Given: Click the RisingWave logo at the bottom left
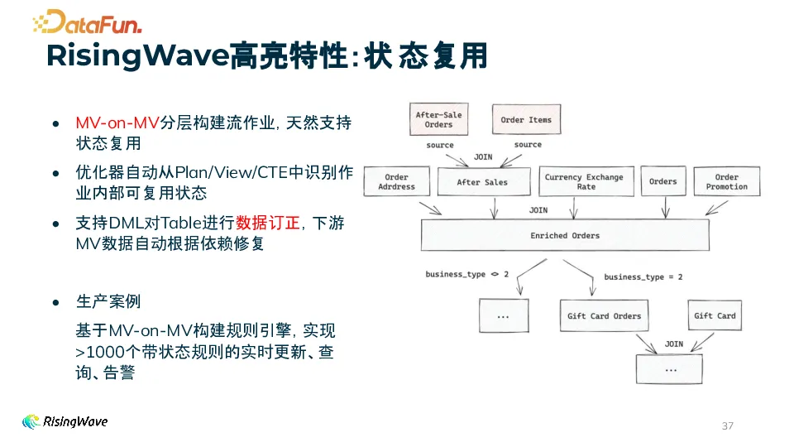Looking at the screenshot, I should (x=65, y=421).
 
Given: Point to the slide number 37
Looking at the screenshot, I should (x=728, y=425).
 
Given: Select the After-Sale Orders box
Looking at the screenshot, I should (x=439, y=120).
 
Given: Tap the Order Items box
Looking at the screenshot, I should (x=526, y=120).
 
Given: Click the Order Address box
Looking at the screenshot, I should (x=397, y=182).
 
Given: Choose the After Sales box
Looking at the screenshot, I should (x=483, y=182).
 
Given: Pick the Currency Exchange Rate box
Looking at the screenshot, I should (x=584, y=182).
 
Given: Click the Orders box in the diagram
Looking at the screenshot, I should (x=662, y=182).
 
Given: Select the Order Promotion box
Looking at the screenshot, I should (x=726, y=182).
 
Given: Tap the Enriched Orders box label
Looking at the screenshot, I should (x=565, y=236).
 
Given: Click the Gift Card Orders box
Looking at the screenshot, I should (x=604, y=316).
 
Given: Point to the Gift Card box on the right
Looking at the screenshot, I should (x=715, y=316).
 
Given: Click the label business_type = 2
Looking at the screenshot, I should (x=643, y=277).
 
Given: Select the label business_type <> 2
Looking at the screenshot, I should (x=466, y=274).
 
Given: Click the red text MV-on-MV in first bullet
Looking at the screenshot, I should (x=117, y=123).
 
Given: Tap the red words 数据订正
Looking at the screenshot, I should (x=267, y=223).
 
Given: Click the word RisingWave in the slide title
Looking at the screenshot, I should (x=136, y=56).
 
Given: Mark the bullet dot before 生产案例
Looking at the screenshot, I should (x=55, y=302).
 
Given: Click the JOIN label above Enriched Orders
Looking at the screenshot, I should (x=538, y=210).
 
